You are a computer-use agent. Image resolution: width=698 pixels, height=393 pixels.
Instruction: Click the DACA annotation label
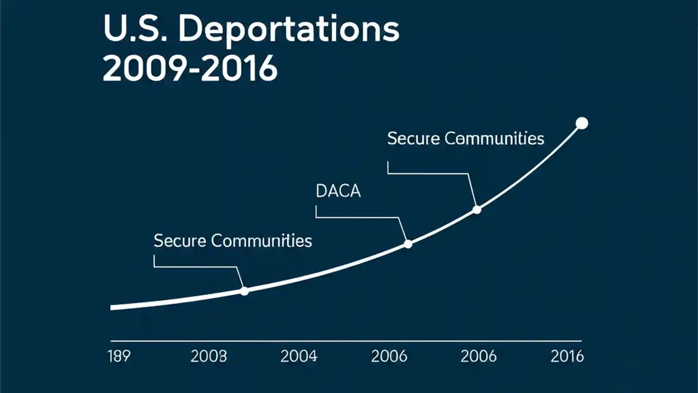point(338,192)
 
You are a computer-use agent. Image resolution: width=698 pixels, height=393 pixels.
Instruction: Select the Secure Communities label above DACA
point(465,139)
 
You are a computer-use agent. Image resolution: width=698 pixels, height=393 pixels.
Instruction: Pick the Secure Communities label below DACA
point(232,241)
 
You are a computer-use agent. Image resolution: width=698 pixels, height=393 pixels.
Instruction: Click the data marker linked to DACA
point(408,244)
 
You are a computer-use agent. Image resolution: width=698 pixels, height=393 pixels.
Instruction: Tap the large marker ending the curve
point(582,123)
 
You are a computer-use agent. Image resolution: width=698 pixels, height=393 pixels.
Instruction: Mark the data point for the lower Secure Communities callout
point(244,291)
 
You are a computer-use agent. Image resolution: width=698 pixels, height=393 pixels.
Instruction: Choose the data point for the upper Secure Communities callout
point(477,210)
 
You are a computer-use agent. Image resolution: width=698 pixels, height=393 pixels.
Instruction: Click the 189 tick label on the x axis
point(119,357)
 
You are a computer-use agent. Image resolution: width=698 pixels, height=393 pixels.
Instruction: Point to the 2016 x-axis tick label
point(567,357)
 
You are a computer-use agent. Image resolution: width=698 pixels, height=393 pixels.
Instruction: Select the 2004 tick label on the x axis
point(298,357)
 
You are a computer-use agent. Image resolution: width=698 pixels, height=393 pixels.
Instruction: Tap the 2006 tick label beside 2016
point(478,357)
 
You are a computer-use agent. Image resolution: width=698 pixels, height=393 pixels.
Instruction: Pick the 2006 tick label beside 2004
point(389,357)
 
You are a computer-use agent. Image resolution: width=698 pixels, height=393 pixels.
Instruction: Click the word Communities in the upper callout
point(495,139)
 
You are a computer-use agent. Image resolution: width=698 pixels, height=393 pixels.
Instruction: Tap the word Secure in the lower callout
point(179,241)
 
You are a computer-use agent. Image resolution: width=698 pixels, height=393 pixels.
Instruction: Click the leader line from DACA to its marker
point(360,217)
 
